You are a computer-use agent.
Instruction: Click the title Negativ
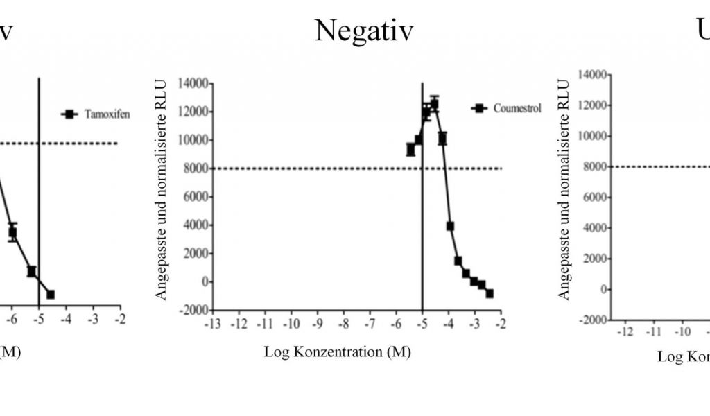click(364, 31)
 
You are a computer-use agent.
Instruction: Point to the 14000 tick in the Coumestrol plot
click(189, 84)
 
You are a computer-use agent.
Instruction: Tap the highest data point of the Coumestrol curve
click(434, 105)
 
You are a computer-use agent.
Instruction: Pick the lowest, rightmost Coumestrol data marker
click(490, 293)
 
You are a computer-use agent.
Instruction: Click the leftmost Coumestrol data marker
click(410, 149)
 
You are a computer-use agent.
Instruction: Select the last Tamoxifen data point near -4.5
click(50, 294)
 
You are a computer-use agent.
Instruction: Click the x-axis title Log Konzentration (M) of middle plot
click(337, 352)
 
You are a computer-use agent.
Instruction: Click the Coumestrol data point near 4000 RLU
click(450, 226)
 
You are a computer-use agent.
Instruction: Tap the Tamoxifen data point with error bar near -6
click(12, 233)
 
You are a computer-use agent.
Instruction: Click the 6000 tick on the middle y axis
click(191, 197)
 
